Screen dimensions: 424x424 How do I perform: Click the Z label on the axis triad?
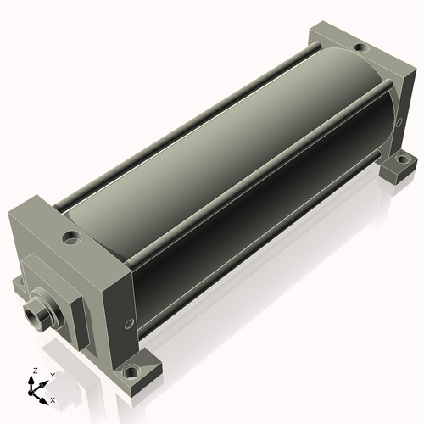pyautogui.click(x=36, y=371)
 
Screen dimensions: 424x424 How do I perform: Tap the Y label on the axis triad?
pyautogui.click(x=53, y=376)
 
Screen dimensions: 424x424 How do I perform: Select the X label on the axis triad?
pyautogui.click(x=53, y=400)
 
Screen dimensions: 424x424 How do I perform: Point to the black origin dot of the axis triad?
pyautogui.click(x=31, y=393)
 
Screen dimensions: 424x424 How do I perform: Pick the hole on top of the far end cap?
pyautogui.click(x=361, y=47)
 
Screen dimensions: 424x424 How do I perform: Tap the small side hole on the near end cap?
pyautogui.click(x=129, y=324)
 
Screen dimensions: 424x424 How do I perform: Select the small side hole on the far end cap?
pyautogui.click(x=399, y=122)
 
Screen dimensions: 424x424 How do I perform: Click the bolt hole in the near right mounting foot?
pyautogui.click(x=130, y=372)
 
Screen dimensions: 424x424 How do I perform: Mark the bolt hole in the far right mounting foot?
pyautogui.click(x=402, y=159)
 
